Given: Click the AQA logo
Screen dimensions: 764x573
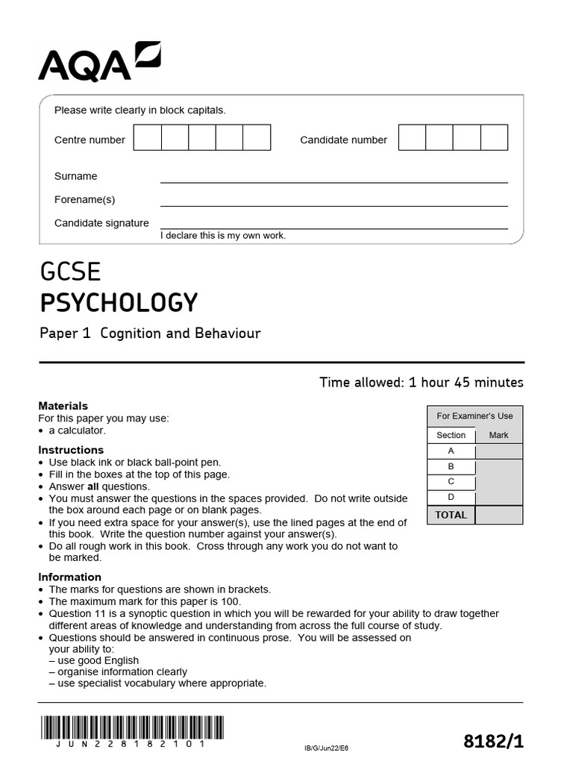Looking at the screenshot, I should coord(99,62).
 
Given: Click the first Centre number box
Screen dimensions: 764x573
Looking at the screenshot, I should coord(148,138).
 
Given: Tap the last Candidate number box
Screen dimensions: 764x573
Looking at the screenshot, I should coord(494,138).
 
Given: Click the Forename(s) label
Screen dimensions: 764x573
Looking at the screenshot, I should coord(84,200).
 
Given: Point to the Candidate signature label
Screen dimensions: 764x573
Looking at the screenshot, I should coord(101,223).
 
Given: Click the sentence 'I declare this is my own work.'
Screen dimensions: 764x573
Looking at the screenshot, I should coord(223,236).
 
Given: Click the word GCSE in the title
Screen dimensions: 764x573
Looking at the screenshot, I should coord(70,272).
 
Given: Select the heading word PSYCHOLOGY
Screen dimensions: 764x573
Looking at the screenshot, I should coord(119,303).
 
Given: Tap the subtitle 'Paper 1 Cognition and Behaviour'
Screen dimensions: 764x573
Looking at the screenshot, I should coord(150,334).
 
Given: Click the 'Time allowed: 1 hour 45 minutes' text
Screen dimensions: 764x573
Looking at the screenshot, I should coord(421,383).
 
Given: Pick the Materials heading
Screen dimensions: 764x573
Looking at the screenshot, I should coord(63,407).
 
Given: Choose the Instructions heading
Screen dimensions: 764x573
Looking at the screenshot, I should coord(71,450).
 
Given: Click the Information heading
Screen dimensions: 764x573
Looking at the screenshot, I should coord(69,577).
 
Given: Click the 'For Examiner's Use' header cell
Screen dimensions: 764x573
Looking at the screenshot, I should coord(475,416).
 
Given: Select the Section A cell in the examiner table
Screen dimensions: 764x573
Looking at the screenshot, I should coord(451,451).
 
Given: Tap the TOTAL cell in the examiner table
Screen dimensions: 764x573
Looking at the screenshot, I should coord(451,515).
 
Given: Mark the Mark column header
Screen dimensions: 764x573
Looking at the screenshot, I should coord(498,435).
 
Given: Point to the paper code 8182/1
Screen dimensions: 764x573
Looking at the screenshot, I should coord(493,741).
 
